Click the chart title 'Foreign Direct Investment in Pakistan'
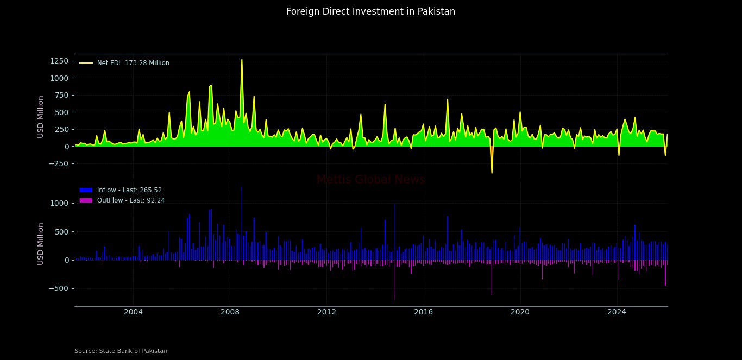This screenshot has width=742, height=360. coord(370,11)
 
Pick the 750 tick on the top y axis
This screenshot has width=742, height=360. coord(60,96)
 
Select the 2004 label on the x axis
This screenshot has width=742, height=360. coord(133,312)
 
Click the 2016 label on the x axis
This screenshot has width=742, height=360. coord(423,312)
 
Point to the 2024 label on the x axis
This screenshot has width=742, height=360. coord(617,312)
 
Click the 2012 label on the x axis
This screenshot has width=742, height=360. coord(326,312)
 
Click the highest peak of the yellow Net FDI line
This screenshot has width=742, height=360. coord(242,60)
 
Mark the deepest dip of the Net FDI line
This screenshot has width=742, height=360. coord(492,173)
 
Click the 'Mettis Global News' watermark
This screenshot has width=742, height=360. coord(370,180)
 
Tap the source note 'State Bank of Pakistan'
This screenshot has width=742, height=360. coord(121,351)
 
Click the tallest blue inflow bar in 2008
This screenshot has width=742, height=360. coord(242,188)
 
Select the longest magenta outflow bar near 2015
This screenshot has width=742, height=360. coord(395,299)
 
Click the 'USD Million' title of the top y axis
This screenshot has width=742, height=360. coord(41,116)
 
